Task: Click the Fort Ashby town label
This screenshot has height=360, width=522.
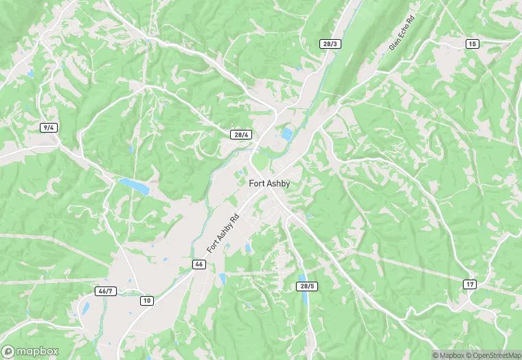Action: (x=269, y=183)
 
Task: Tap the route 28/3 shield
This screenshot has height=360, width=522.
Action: (x=330, y=44)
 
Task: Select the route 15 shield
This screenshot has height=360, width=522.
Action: (x=471, y=44)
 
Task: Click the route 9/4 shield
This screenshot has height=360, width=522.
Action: (x=48, y=128)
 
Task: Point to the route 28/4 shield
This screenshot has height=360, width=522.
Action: (x=240, y=135)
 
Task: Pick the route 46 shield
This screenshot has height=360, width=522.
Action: (x=198, y=265)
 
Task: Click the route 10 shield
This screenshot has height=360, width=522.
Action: (x=146, y=300)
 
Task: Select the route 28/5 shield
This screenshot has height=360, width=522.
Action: (x=307, y=286)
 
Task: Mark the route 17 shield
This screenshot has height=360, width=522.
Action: (x=470, y=284)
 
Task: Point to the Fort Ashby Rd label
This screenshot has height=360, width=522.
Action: (x=223, y=234)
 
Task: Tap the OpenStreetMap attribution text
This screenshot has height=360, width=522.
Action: (x=494, y=355)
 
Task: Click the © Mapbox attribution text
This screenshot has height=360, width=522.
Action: (x=450, y=355)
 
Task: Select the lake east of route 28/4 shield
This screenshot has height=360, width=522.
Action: (x=286, y=134)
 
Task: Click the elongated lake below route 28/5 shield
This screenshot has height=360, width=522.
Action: (x=303, y=300)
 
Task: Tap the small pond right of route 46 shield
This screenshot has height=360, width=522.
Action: (x=222, y=279)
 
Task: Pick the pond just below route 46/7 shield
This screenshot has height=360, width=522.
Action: (x=85, y=308)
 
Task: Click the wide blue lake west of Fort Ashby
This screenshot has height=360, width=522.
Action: (x=134, y=186)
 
